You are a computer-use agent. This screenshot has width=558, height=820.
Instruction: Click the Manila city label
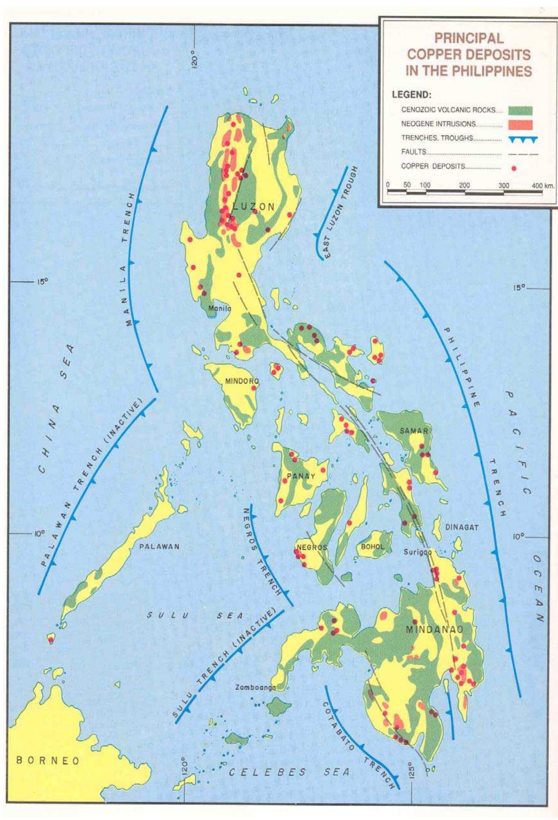pyautogui.click(x=219, y=308)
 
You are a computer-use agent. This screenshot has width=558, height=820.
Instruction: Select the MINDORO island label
pyautogui.click(x=242, y=381)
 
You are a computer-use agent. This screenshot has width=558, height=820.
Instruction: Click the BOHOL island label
pyautogui.click(x=372, y=546)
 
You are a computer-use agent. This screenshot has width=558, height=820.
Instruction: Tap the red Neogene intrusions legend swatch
pyautogui.click(x=520, y=124)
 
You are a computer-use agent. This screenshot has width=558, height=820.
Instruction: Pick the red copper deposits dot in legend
pyautogui.click(x=514, y=168)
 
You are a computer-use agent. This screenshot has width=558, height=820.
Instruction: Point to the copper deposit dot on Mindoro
pyautogui.click(x=253, y=388)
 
